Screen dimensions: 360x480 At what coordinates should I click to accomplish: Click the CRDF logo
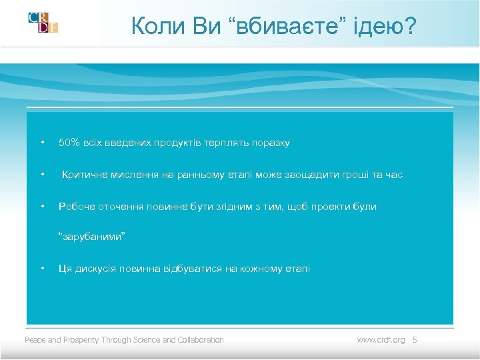[x=43, y=23]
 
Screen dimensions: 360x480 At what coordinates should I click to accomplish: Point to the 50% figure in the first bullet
[x=69, y=143]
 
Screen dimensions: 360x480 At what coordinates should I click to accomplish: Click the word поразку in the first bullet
[x=272, y=143]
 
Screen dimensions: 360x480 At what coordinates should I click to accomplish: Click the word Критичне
[x=85, y=175]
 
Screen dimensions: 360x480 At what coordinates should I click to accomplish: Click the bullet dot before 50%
[x=42, y=143]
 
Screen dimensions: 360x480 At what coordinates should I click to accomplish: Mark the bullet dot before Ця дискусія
[x=42, y=269]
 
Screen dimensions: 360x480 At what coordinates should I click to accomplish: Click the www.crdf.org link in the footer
[x=381, y=340]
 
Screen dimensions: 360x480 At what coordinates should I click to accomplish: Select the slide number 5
[x=415, y=340]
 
